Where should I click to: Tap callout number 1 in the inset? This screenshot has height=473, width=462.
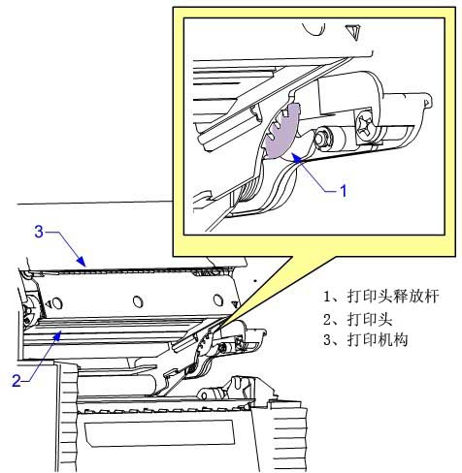(x=344, y=191)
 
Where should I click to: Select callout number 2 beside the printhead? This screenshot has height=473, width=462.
(x=16, y=381)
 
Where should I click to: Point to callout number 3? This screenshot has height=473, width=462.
(x=39, y=232)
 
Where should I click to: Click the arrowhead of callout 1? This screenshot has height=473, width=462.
(x=297, y=158)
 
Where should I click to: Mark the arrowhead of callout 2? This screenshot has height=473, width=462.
(x=57, y=335)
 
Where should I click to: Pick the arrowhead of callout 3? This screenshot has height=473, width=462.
(x=82, y=261)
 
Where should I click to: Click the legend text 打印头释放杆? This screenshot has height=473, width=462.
(x=393, y=296)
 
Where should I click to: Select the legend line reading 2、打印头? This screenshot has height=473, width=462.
(x=357, y=319)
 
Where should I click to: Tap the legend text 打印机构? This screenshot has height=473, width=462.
(x=378, y=340)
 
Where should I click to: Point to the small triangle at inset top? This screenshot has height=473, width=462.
(x=353, y=32)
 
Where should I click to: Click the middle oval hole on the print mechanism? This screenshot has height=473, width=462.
(x=138, y=301)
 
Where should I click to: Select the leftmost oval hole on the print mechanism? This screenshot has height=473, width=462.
(x=57, y=303)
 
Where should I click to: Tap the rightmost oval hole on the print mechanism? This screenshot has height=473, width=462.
(x=218, y=300)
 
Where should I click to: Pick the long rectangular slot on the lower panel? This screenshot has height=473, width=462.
(x=159, y=434)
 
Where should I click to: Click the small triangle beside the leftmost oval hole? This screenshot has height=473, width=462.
(x=48, y=303)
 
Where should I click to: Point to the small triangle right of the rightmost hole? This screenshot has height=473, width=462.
(x=236, y=303)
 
